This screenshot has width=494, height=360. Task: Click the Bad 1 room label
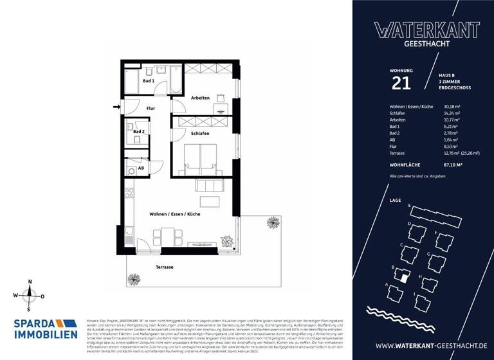click(x=148, y=81)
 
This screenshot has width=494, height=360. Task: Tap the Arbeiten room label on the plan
click(x=200, y=98)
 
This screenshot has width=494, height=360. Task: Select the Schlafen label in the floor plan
click(x=200, y=133)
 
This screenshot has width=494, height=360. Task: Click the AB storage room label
click(x=141, y=168)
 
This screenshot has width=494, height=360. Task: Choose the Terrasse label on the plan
click(x=165, y=267)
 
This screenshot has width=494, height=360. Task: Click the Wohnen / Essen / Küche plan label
click(x=174, y=213)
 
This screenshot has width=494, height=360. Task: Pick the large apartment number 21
click(x=400, y=82)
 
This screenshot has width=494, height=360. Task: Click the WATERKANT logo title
click(x=426, y=30)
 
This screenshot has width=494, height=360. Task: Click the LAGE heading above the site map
click(x=396, y=200)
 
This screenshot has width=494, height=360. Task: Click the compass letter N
click(x=29, y=282)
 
